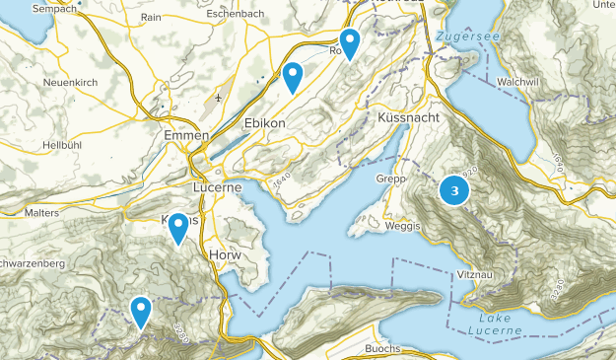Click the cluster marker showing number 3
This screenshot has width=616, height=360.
(x=454, y=191)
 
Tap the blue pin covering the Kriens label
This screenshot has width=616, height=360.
(x=178, y=227)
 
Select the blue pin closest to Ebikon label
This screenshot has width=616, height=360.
(x=293, y=76)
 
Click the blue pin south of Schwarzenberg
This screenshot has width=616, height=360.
(x=141, y=311)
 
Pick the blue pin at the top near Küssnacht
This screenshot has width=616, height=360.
(x=350, y=42)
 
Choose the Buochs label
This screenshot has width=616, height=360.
(x=381, y=349)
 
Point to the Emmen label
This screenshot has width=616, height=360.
(x=187, y=134)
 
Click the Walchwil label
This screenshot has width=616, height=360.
(x=519, y=82)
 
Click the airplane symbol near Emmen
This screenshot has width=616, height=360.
(x=217, y=98)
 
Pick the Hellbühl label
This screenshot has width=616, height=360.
(x=64, y=145)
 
